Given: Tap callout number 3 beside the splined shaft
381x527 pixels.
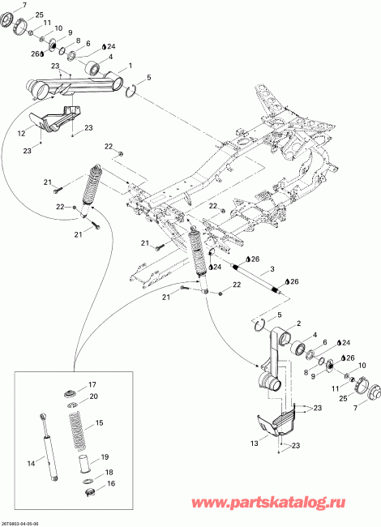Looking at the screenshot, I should click(x=272, y=269).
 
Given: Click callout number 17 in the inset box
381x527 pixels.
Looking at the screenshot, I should click(x=92, y=384).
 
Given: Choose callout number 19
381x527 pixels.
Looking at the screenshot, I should click(x=104, y=457).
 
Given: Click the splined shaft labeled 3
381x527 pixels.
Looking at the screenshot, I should click(x=257, y=278).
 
